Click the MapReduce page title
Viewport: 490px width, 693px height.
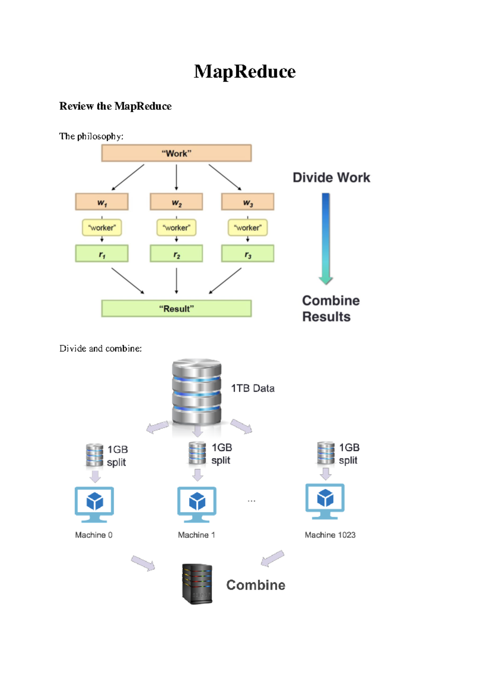point(245,72)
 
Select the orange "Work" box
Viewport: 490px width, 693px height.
point(176,153)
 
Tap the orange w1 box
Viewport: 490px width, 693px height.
point(102,202)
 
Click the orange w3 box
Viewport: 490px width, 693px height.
point(247,202)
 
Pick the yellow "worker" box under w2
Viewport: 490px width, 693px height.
point(176,228)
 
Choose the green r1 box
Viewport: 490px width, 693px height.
point(102,254)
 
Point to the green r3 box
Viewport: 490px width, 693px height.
point(247,254)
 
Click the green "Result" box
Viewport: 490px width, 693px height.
point(176,309)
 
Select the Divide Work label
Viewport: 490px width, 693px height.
point(331,178)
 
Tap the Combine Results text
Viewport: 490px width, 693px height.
point(330,309)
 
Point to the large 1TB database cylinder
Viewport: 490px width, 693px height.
point(196,392)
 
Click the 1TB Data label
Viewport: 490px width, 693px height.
point(252,388)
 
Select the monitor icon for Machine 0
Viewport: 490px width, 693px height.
point(94,504)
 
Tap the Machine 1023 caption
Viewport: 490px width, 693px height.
point(330,535)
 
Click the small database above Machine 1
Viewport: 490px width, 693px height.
point(197,453)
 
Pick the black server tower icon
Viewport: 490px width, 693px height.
point(197,584)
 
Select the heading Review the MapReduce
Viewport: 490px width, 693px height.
point(115,106)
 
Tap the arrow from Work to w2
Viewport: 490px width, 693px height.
point(176,177)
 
